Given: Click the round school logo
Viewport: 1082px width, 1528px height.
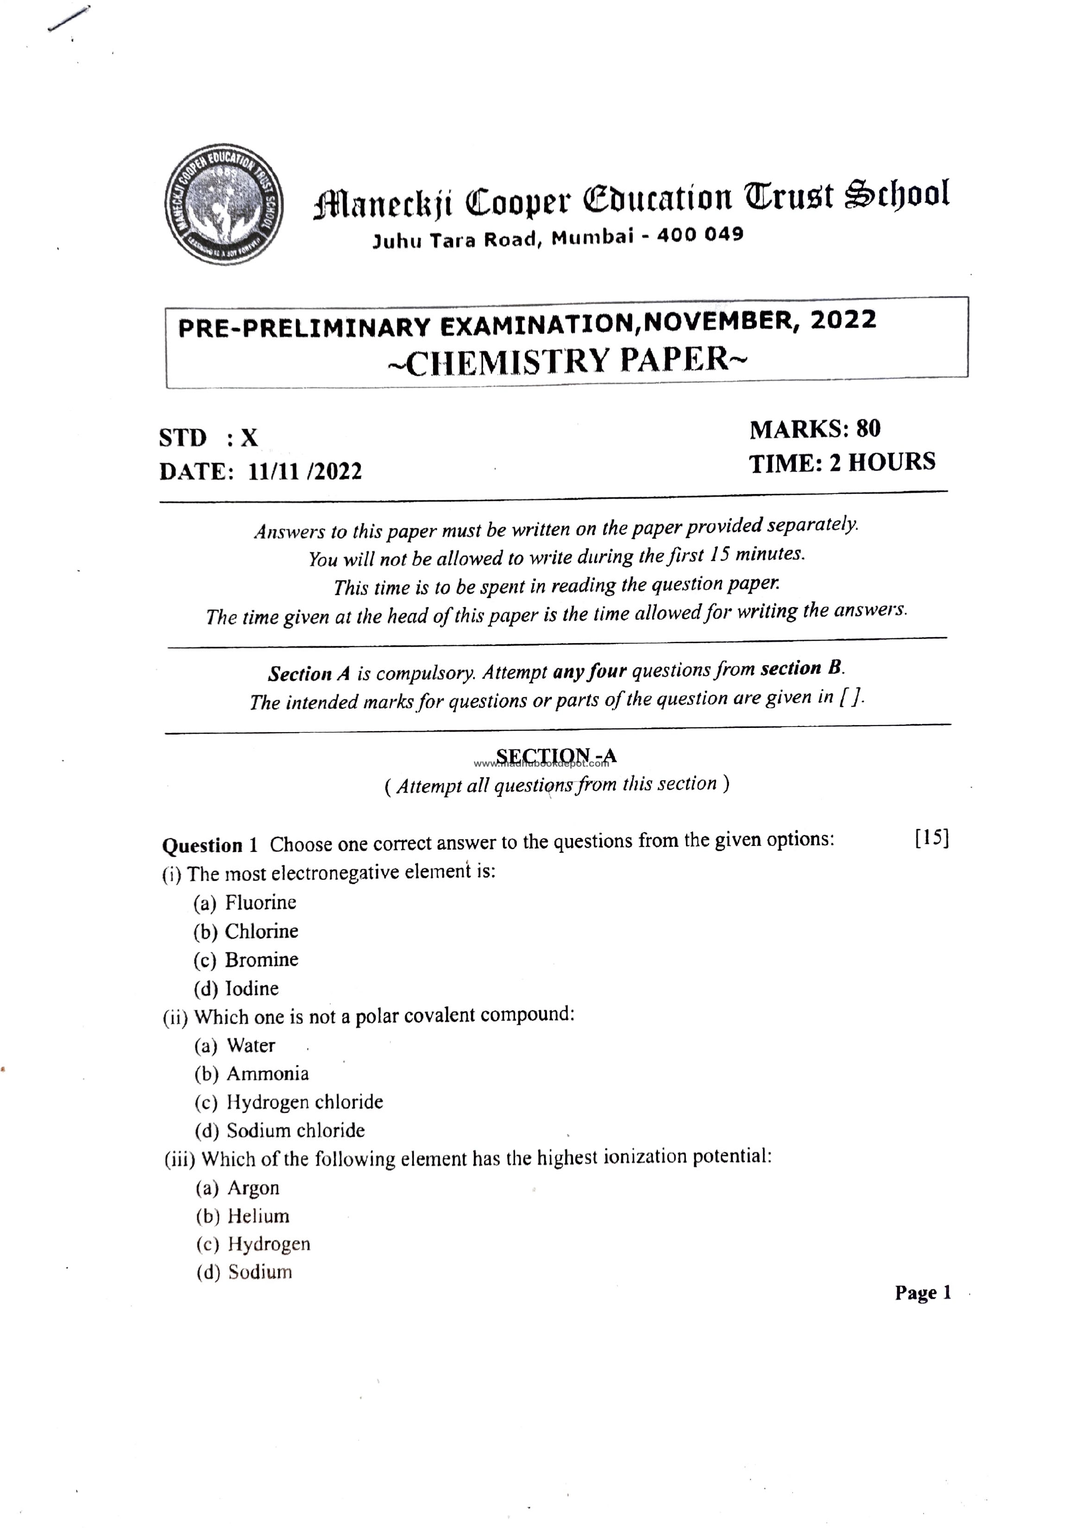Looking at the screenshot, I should [223, 204].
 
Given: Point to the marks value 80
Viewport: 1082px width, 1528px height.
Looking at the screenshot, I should [868, 428].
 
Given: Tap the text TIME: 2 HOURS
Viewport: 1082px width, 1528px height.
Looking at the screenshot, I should [842, 462].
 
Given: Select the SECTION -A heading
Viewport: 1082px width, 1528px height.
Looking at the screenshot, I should [556, 756].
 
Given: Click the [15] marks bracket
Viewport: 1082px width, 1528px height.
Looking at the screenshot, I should [931, 837].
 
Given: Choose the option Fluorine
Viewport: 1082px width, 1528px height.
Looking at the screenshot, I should [260, 902].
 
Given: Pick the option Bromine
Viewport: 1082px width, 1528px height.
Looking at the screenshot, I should [261, 960].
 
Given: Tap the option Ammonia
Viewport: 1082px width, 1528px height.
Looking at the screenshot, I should [267, 1074].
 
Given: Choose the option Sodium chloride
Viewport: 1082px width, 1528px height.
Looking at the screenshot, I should [295, 1130].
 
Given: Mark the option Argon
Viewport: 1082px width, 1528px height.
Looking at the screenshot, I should [253, 1188].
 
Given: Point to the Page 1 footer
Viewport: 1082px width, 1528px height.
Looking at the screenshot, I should [923, 1293].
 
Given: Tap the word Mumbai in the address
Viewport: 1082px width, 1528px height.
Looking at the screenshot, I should [592, 237].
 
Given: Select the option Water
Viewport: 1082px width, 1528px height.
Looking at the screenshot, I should [251, 1046].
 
